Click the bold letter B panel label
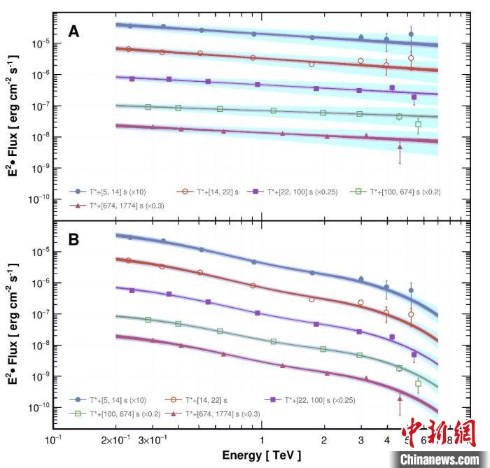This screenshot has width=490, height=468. [73, 239]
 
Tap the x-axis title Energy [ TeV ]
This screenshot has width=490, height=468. [262, 455]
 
